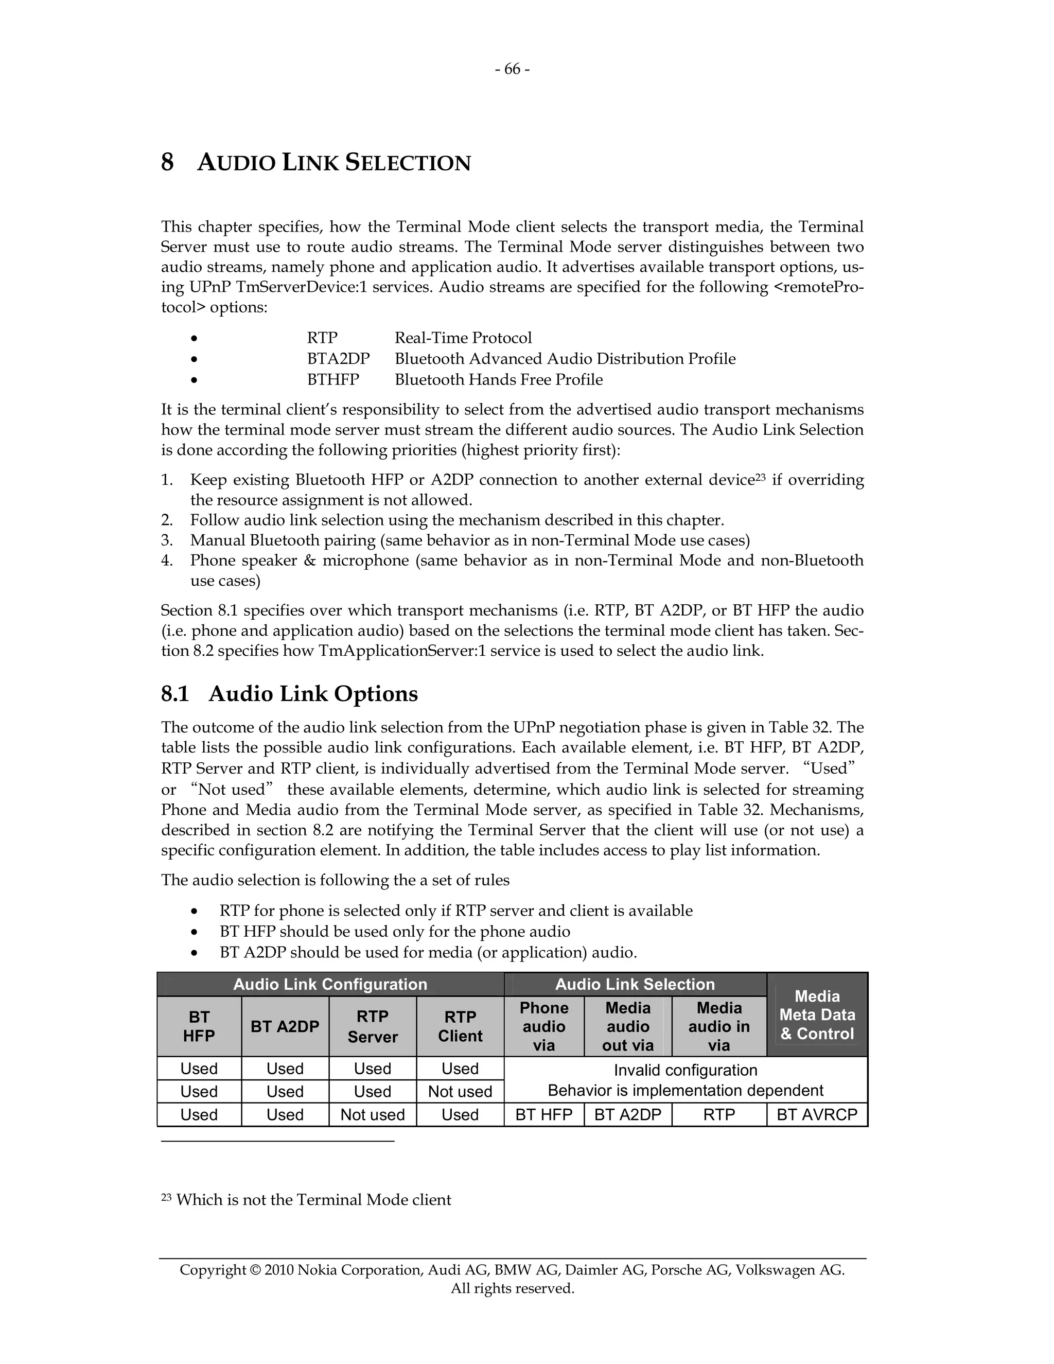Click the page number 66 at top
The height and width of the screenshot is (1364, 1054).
tap(512, 69)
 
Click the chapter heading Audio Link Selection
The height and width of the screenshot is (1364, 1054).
tap(333, 163)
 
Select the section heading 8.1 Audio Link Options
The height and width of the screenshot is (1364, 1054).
tap(289, 694)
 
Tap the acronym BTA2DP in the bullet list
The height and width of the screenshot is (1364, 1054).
tap(338, 359)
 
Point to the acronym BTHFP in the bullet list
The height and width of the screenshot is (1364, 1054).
tap(333, 380)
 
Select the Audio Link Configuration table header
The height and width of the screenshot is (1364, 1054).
tap(330, 985)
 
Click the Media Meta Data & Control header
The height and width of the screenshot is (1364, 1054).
tap(817, 1015)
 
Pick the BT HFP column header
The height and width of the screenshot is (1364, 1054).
tap(199, 1026)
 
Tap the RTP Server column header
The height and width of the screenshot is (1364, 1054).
tap(372, 1026)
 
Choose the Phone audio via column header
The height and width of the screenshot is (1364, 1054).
tap(543, 1026)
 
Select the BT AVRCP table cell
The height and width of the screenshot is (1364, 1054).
tap(817, 1115)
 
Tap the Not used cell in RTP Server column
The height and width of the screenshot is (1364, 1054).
tap(372, 1115)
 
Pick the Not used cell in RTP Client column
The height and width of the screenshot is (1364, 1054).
tap(460, 1092)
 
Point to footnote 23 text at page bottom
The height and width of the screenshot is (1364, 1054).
tap(313, 1200)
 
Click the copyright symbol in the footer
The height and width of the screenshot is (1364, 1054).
tap(254, 1270)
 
